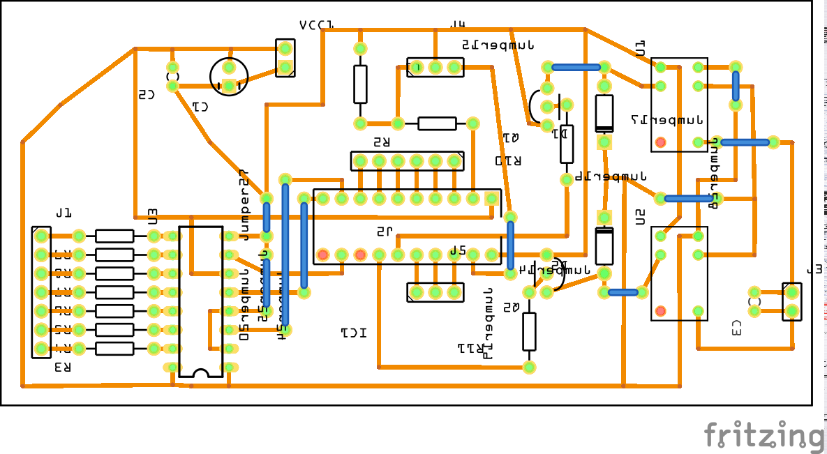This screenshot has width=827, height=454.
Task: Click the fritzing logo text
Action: point(763,436)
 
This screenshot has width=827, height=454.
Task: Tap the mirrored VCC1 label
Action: point(316,26)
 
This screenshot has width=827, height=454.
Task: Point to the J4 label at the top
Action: point(457,25)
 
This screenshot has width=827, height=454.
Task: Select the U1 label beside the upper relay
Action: point(640,48)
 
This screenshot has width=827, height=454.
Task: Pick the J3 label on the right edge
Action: point(814,269)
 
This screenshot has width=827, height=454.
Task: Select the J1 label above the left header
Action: point(64,212)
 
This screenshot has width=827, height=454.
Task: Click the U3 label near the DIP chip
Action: point(153,217)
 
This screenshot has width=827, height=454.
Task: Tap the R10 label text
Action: point(508,161)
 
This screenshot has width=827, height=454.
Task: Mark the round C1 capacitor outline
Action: point(229,77)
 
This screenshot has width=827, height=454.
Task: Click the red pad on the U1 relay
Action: point(660,143)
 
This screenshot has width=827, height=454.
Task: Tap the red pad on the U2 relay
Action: point(660,311)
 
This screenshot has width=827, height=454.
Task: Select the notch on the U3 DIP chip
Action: point(200,373)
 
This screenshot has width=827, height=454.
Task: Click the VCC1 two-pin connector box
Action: point(285,58)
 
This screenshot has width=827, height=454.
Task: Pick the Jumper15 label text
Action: point(498,45)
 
